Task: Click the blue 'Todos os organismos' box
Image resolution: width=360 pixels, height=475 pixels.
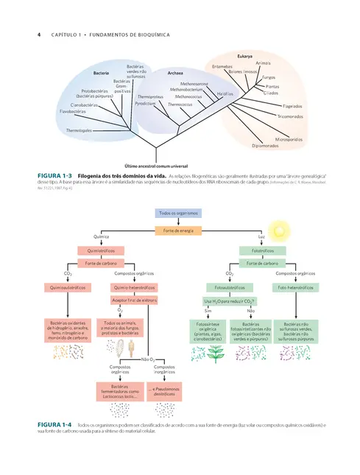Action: click(x=180, y=214)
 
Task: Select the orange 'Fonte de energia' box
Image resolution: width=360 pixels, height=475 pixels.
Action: click(x=180, y=231)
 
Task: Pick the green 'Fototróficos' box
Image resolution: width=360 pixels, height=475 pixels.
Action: click(x=262, y=250)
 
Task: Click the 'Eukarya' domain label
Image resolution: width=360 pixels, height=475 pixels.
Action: click(x=244, y=56)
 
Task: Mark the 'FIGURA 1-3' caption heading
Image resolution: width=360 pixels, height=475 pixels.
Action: click(x=52, y=175)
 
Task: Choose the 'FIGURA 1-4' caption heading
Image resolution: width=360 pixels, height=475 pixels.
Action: click(x=52, y=424)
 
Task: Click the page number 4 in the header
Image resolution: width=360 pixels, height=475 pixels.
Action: click(x=38, y=34)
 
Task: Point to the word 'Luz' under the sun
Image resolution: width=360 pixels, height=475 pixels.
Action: click(x=261, y=236)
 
